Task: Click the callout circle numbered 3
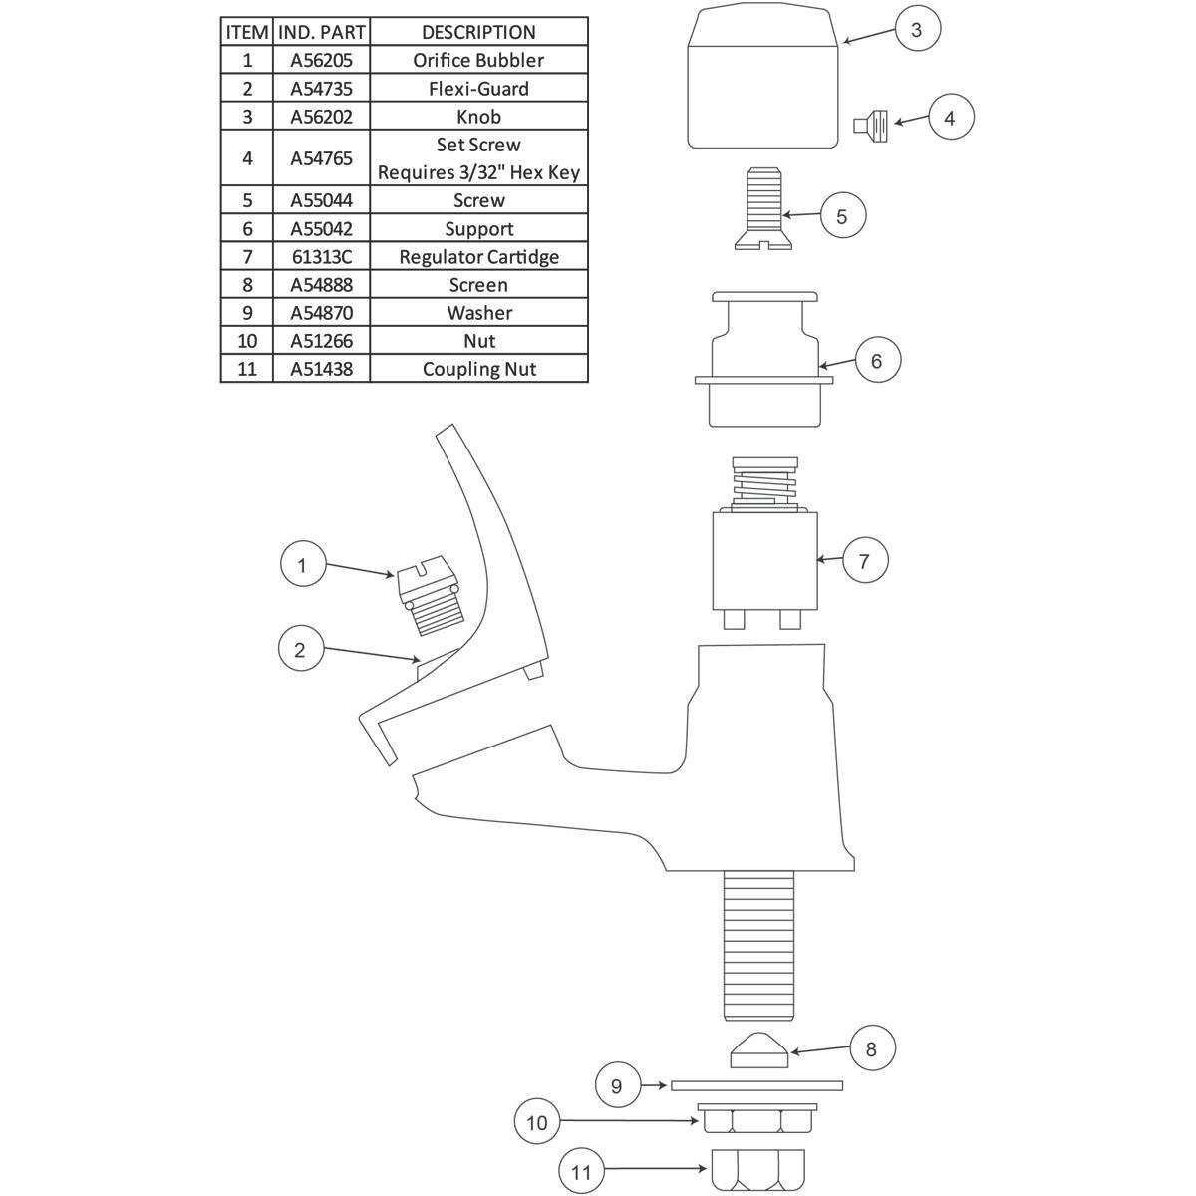click(917, 29)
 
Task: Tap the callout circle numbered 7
click(865, 560)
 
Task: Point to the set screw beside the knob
click(871, 126)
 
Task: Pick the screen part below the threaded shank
click(759, 1050)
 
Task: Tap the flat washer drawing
click(756, 1085)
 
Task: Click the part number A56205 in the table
click(321, 60)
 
